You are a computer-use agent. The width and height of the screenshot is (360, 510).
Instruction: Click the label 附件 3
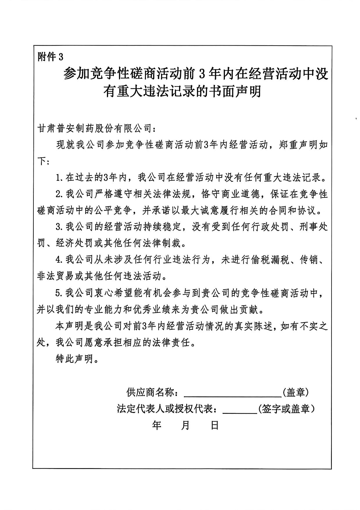point(50,57)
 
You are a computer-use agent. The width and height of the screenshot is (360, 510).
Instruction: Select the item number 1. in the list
point(60,177)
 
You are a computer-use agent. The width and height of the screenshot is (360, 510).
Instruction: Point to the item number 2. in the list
point(60,194)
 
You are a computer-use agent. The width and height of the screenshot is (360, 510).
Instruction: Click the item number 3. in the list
point(60,227)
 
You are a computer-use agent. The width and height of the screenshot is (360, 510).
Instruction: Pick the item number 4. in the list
point(60,259)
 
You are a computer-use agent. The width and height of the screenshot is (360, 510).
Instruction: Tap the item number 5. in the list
point(60,293)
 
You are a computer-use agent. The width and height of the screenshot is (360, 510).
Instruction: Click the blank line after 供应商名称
point(232,393)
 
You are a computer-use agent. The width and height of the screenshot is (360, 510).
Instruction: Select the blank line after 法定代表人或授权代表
point(240,409)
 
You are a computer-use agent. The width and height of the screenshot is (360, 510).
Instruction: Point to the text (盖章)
point(295,393)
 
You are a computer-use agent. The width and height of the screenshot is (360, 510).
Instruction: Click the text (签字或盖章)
point(286,409)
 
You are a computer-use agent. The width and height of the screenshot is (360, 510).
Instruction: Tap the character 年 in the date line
point(157,426)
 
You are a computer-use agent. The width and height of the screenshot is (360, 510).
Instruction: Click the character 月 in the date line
point(185,426)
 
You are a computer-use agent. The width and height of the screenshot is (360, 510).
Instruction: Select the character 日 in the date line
point(214,426)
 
